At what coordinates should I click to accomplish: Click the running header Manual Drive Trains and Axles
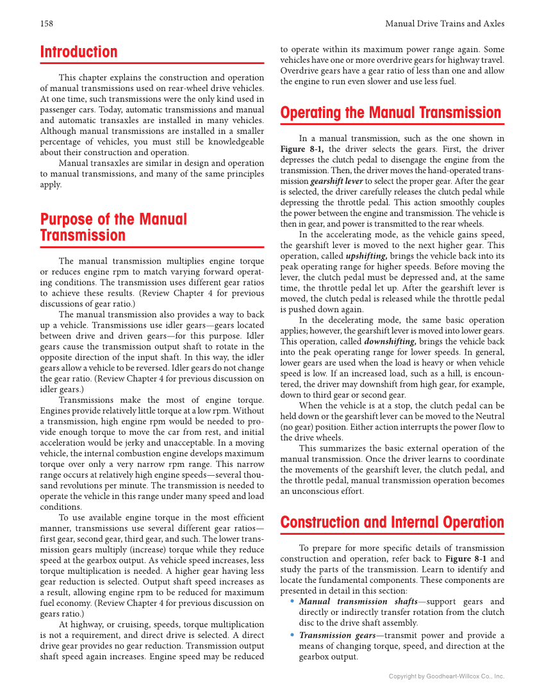(444, 24)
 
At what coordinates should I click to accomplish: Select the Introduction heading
(79, 52)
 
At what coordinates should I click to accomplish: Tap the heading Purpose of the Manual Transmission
(113, 228)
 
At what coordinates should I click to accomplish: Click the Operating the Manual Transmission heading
(391, 113)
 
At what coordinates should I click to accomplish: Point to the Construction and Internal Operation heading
(392, 522)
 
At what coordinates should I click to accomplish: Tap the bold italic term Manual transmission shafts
(343, 601)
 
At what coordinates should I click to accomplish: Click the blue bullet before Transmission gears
(292, 635)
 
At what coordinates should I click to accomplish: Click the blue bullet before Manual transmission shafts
(292, 601)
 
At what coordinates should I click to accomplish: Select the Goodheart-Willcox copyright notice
(447, 676)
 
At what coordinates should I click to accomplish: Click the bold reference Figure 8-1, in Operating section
(302, 149)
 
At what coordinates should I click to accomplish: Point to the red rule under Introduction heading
(152, 63)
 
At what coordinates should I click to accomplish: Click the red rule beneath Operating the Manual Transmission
(392, 124)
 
